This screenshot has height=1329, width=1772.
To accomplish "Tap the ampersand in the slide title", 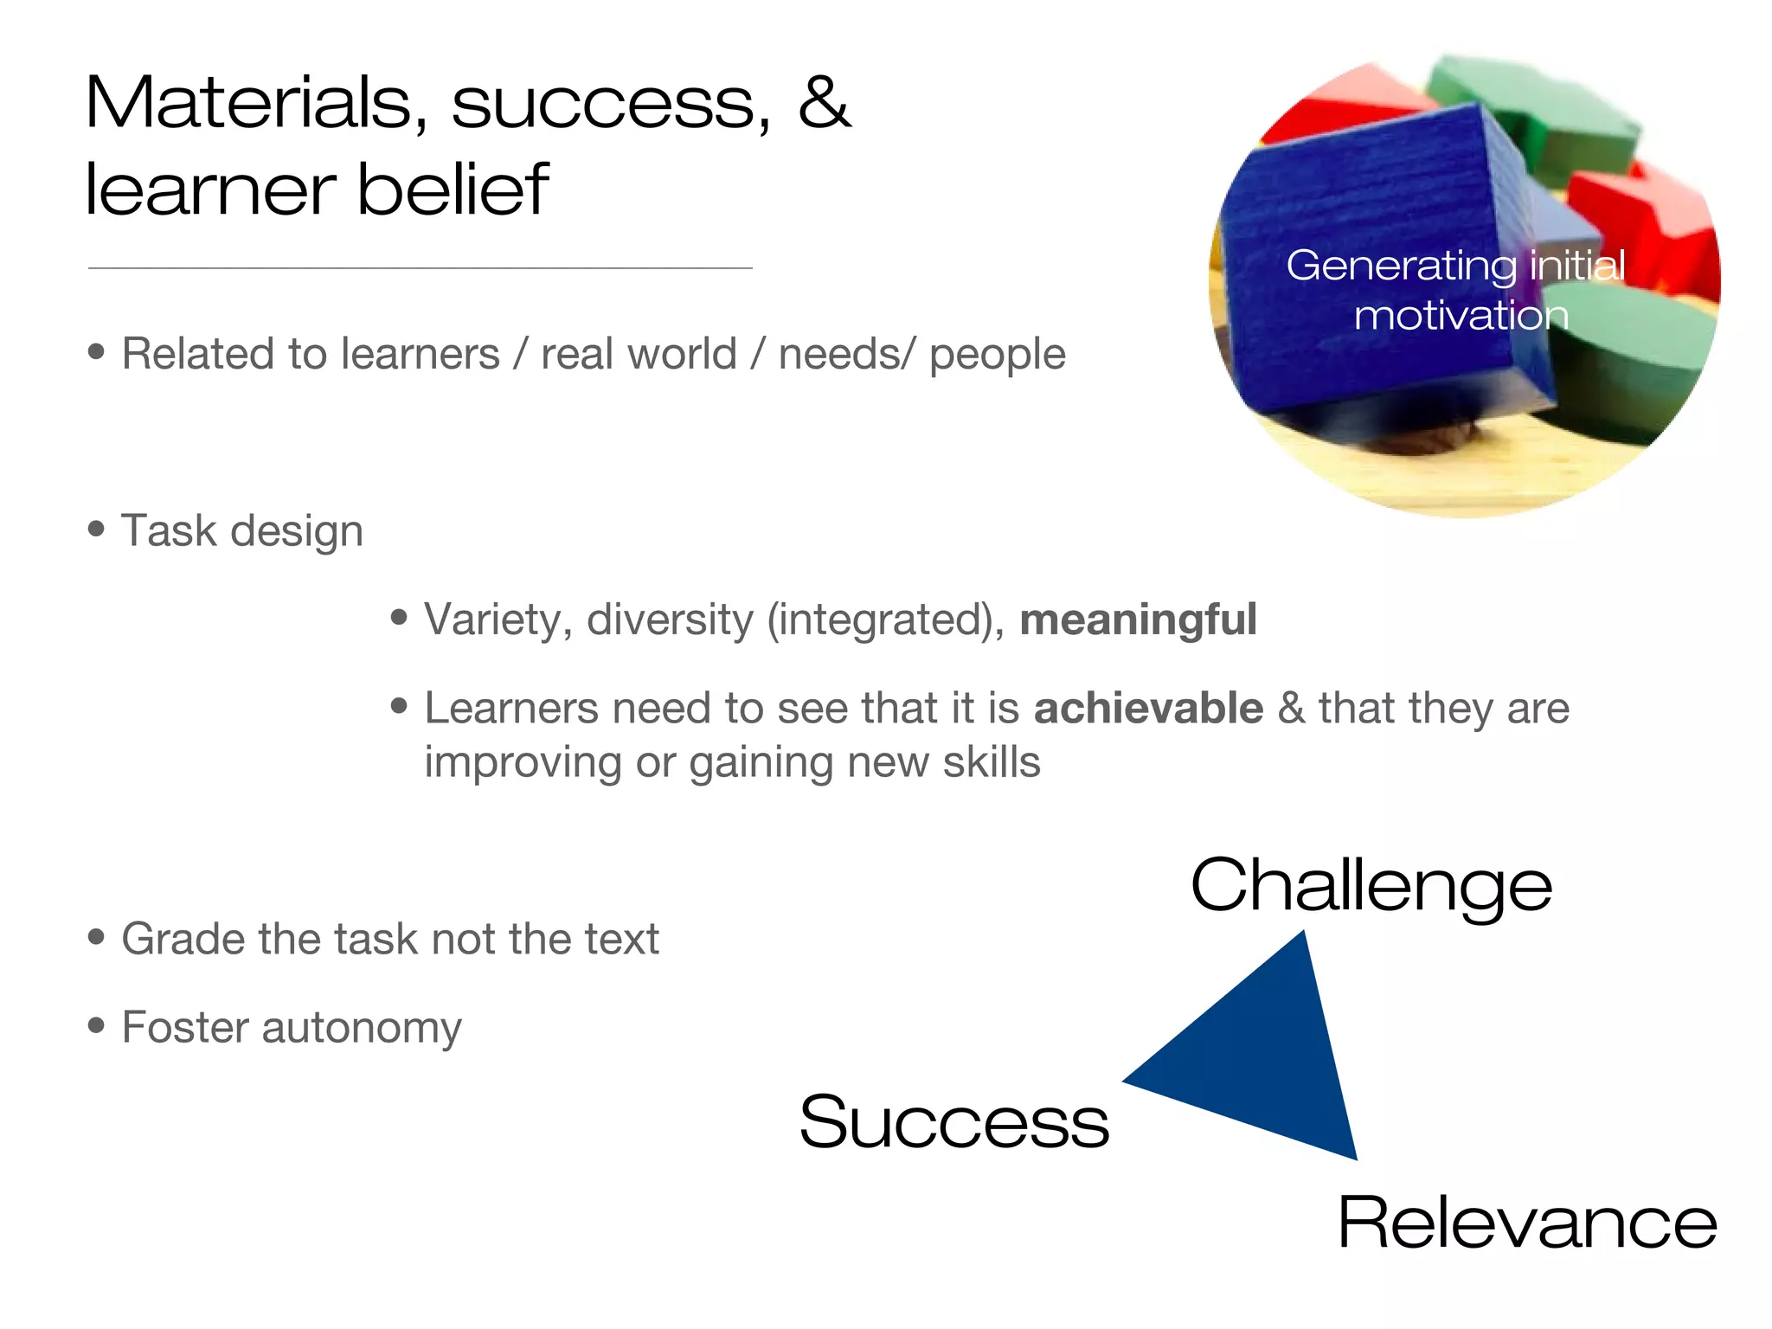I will [x=824, y=104].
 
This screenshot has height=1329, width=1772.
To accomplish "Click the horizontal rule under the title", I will [x=420, y=268].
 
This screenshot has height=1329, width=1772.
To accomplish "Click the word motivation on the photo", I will [x=1461, y=316].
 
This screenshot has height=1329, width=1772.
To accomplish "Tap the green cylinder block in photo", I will [x=1627, y=363].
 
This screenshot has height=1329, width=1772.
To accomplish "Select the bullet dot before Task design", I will [x=96, y=529].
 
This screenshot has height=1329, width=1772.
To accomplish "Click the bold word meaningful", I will [x=1138, y=620].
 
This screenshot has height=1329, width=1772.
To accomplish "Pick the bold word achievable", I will [x=1148, y=709].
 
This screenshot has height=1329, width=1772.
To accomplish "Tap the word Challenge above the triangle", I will [x=1371, y=887].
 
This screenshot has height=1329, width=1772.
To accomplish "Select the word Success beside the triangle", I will [x=953, y=1122].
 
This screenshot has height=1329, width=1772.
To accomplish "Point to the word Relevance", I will [x=1526, y=1223].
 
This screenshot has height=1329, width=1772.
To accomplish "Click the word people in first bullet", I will [x=997, y=355].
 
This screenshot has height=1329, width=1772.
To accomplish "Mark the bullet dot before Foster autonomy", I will [x=96, y=1026].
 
